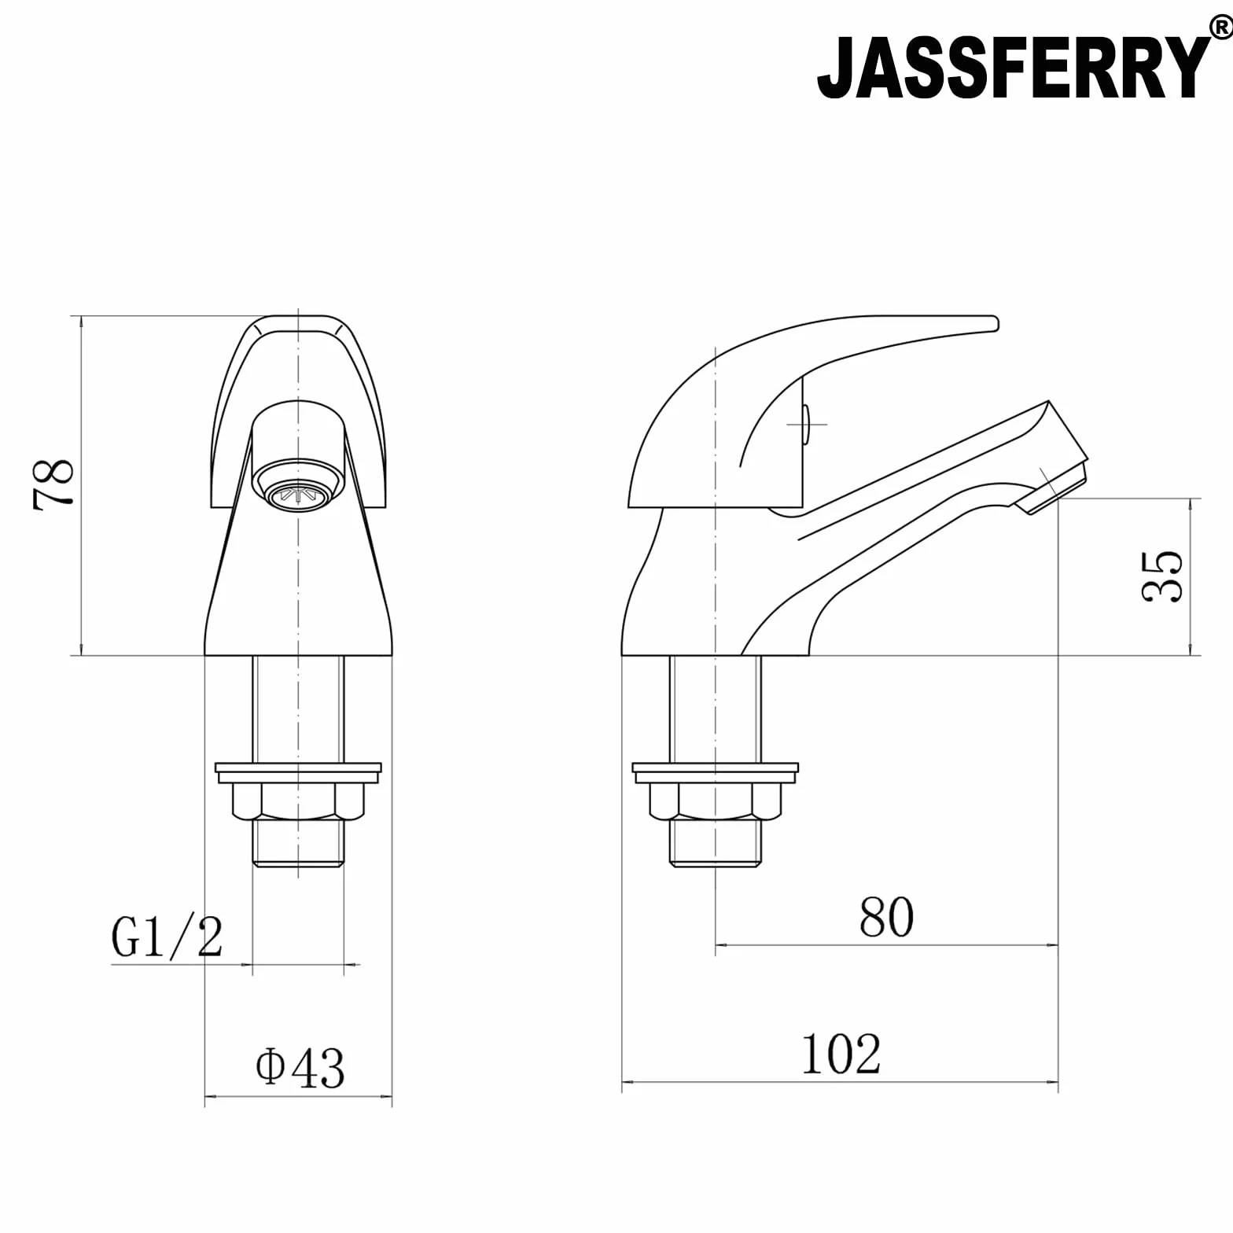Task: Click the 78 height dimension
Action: point(53,485)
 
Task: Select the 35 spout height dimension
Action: point(1161,576)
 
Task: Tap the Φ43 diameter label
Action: point(300,1067)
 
